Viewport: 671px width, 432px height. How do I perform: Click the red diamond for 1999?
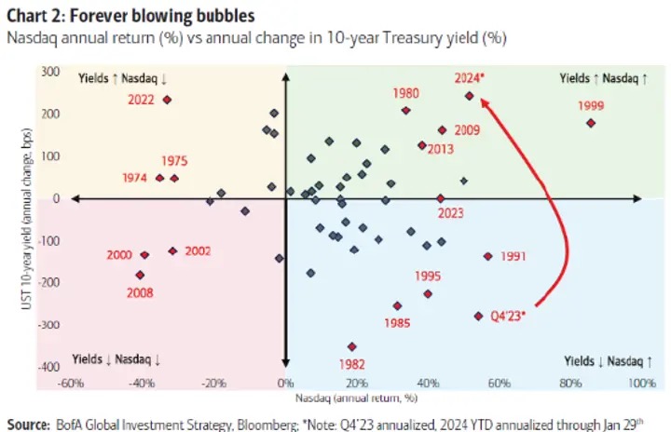point(590,123)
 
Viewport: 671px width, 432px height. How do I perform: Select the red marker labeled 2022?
point(167,100)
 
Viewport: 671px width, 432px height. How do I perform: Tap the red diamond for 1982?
point(351,346)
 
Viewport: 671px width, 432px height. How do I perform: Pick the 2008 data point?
point(140,275)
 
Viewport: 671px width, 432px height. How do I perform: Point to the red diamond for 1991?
point(487,256)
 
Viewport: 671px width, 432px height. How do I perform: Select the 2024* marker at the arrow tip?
point(469,96)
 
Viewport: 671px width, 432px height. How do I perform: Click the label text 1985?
point(398,323)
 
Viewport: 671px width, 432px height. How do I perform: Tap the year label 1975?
point(174,161)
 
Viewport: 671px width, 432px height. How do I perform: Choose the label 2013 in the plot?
point(441,149)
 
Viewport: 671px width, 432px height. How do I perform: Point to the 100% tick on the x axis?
point(640,384)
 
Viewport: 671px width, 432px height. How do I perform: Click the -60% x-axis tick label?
point(72,384)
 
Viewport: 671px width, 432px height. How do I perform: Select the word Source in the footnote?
point(27,424)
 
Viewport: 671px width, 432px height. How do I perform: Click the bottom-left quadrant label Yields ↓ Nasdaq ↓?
point(117,359)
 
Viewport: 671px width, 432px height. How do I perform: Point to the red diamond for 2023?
point(440,198)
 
